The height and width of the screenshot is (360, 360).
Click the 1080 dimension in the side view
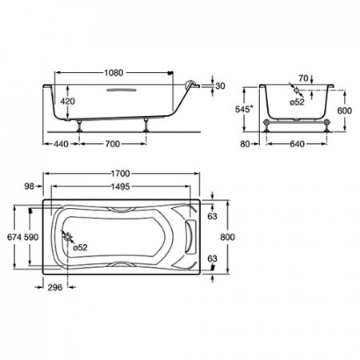[x=114, y=73]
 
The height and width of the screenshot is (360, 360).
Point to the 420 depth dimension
[x=68, y=102]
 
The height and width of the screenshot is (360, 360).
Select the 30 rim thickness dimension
[x=220, y=86]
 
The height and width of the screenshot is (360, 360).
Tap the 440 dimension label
[x=62, y=144]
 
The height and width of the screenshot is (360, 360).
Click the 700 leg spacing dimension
[x=113, y=144]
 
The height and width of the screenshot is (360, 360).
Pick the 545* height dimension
[x=244, y=109]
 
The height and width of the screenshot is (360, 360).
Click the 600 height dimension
[x=345, y=110]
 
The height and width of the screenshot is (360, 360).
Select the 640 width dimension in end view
[x=297, y=144]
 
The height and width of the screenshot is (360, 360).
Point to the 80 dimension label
[x=245, y=144]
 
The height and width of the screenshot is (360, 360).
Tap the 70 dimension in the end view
[x=303, y=78]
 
